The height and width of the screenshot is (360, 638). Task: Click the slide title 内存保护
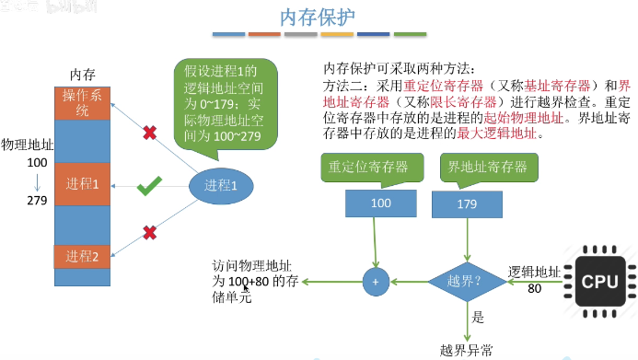(318, 17)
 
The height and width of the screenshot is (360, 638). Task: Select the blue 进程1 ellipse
(221, 185)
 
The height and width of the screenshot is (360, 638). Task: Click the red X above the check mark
(149, 134)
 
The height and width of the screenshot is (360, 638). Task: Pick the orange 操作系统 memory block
(82, 104)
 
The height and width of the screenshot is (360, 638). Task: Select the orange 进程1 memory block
(82, 184)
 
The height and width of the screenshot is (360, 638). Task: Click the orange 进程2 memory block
(82, 256)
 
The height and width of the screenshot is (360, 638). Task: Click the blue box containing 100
(380, 203)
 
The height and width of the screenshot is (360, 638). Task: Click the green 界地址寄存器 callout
(487, 167)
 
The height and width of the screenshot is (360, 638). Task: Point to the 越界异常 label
(466, 349)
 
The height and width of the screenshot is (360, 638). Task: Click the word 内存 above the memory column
(83, 74)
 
